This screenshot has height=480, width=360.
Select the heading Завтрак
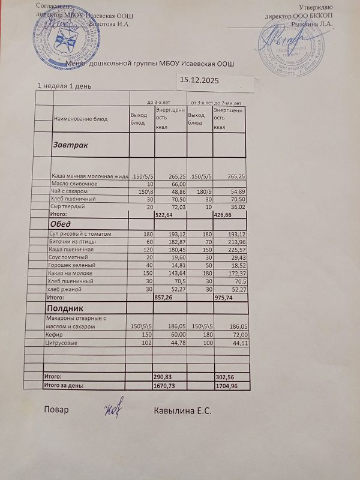point(71,145)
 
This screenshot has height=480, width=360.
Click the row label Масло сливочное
point(74,184)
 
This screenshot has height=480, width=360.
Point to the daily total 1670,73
point(167,385)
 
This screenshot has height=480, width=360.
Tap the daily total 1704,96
point(224,385)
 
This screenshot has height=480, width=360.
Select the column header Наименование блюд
point(81,119)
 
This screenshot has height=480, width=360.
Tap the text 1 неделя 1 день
point(64,86)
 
